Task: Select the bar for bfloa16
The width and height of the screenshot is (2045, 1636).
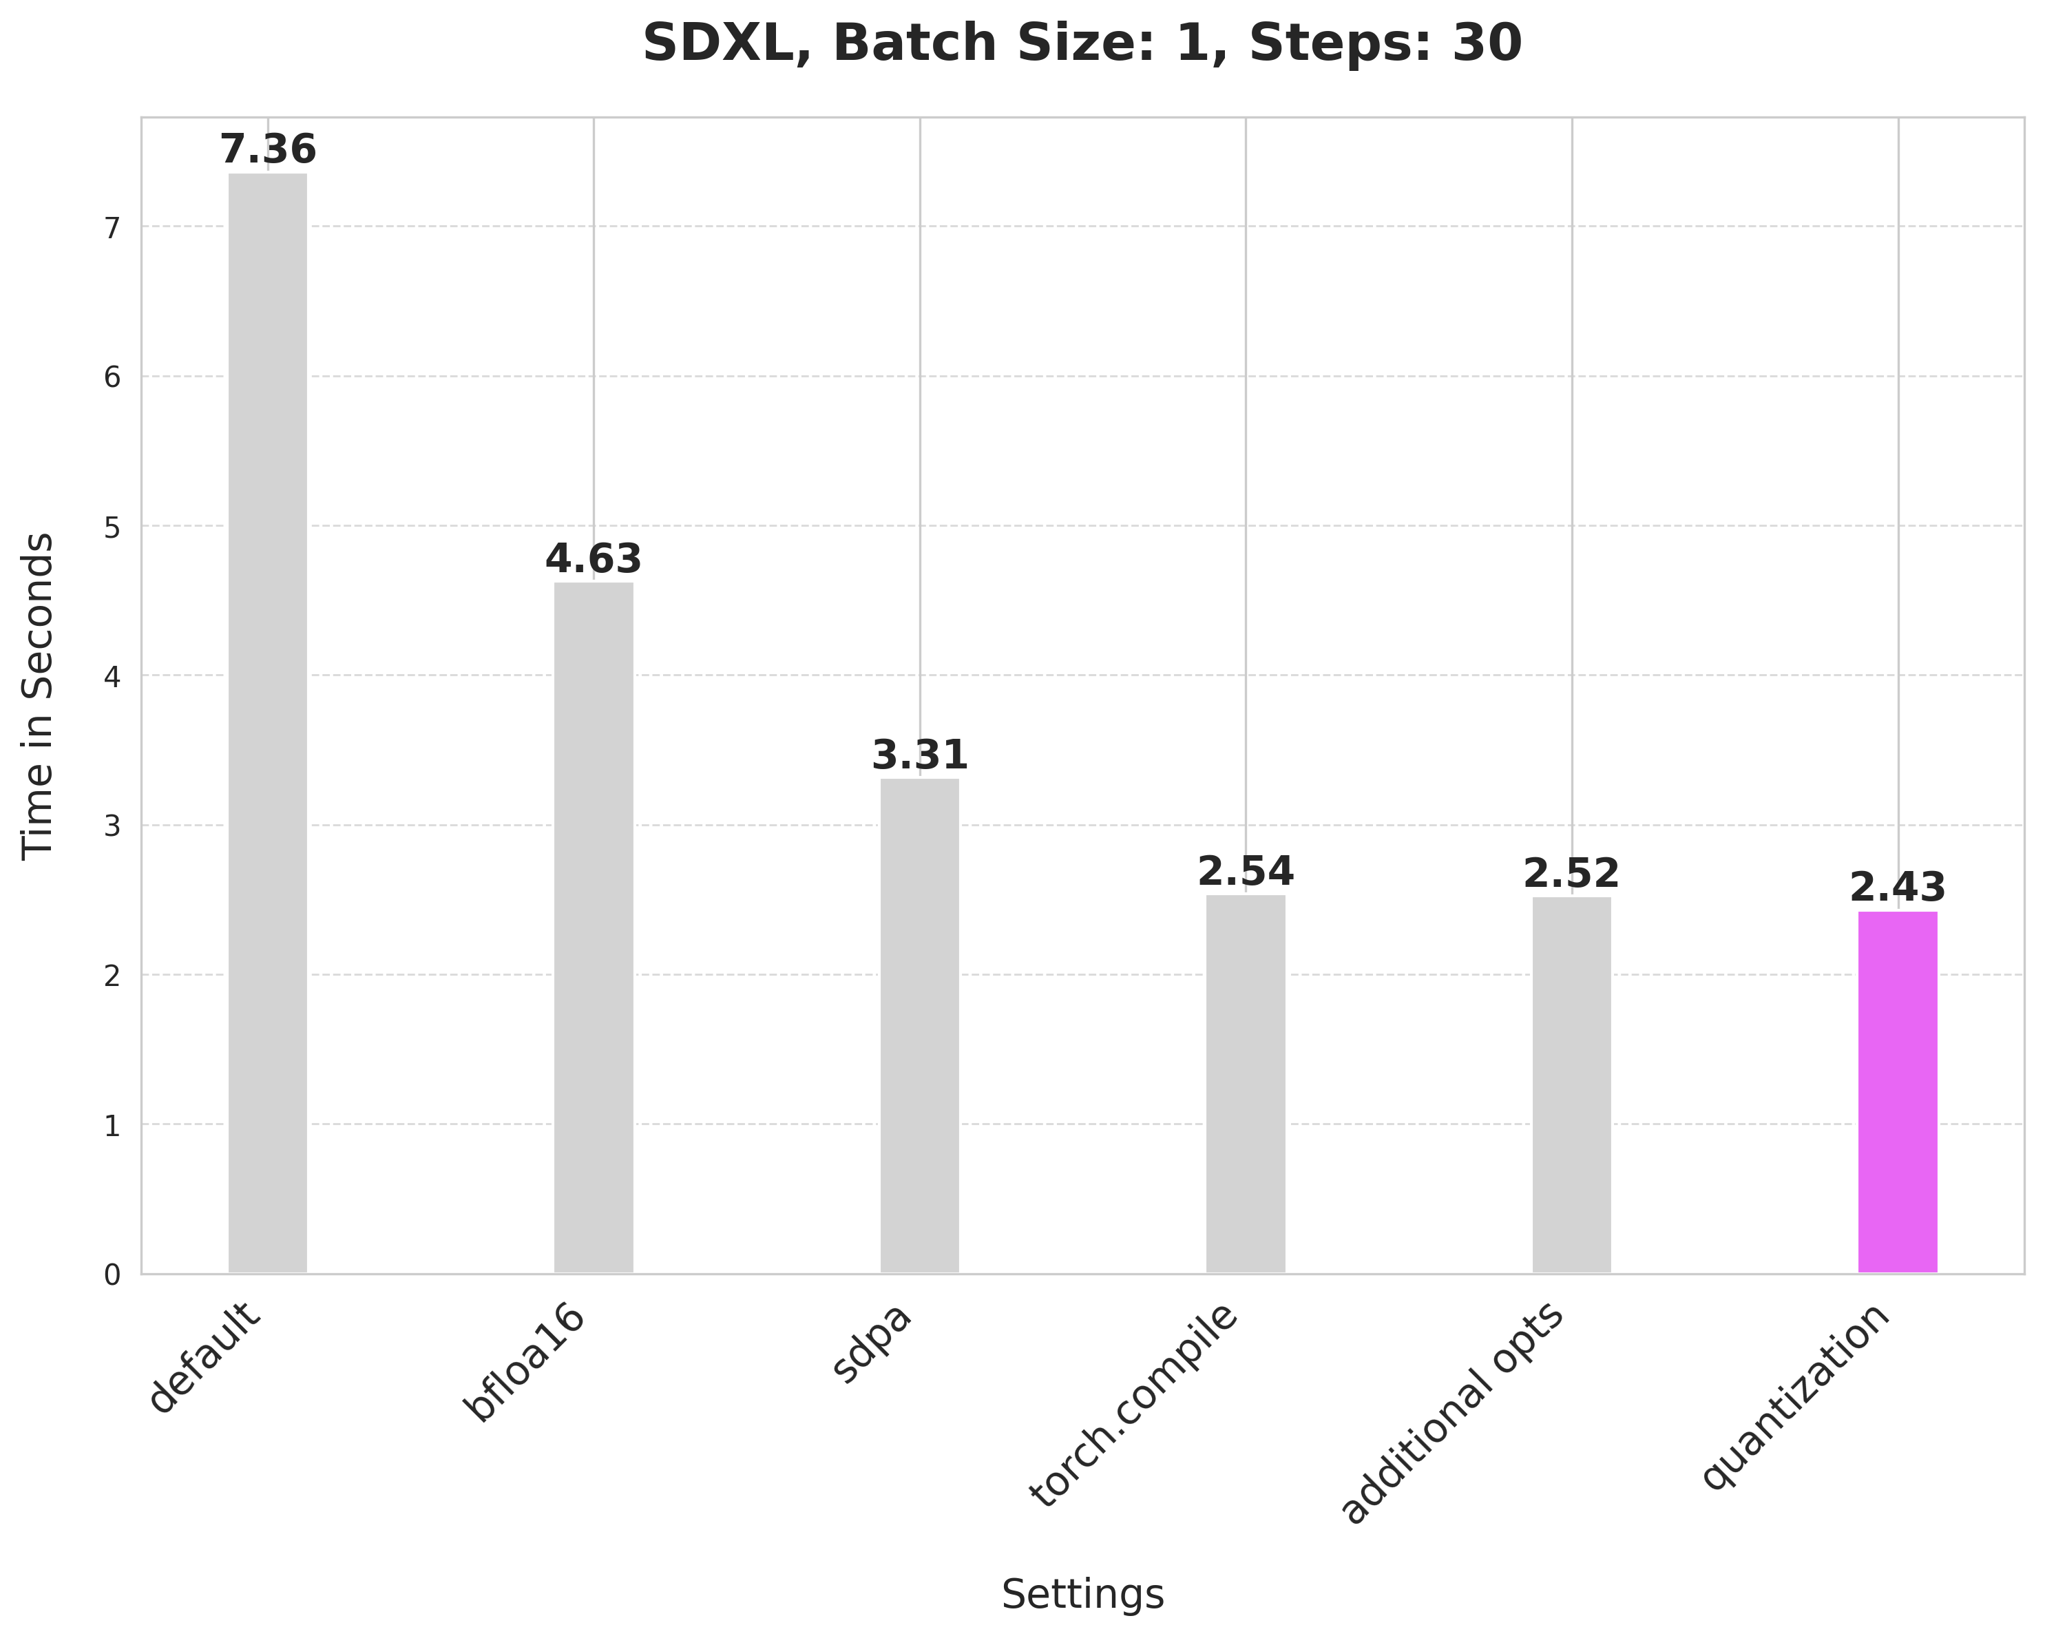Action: click(x=594, y=927)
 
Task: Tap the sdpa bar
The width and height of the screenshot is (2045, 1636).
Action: click(x=919, y=1026)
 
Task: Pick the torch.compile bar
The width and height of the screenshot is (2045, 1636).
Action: click(x=1246, y=1084)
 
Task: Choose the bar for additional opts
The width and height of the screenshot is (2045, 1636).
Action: click(x=1572, y=1085)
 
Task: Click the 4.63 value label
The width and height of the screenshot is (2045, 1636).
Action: click(x=594, y=560)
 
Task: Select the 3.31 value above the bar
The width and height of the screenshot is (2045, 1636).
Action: click(x=919, y=756)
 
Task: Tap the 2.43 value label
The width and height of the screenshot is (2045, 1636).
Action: click(x=1897, y=889)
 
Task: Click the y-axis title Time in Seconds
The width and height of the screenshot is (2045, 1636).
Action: click(x=38, y=695)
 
